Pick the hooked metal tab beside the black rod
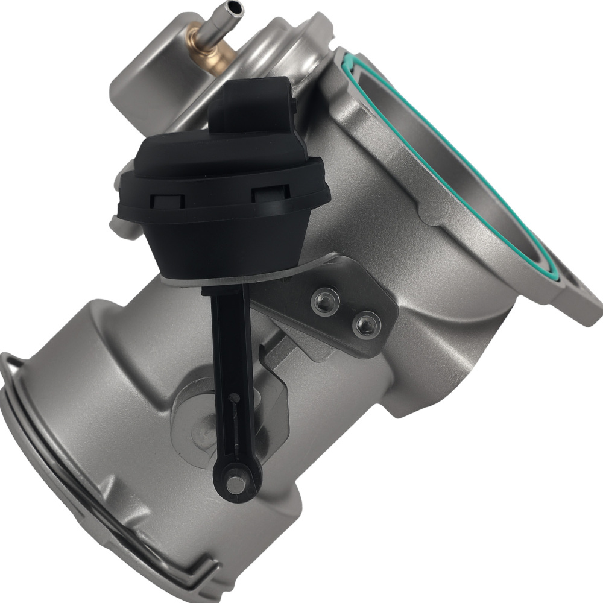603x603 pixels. [271, 386]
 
